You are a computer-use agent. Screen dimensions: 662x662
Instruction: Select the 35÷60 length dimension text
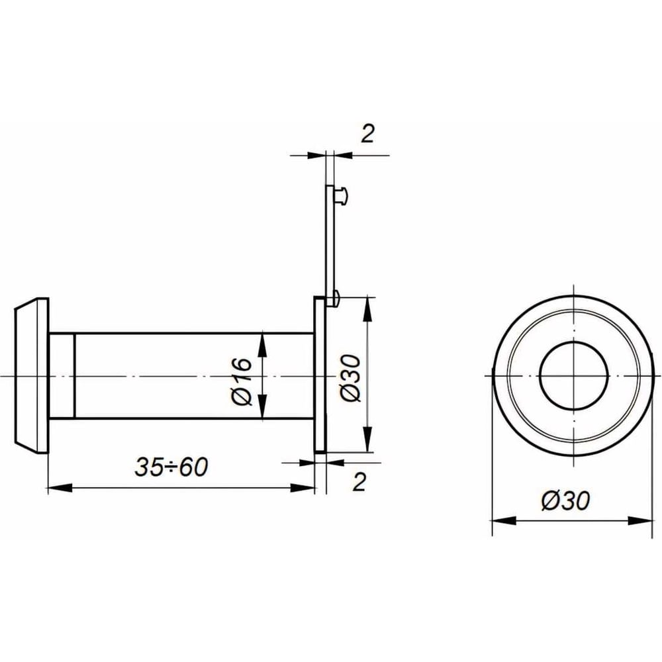(x=171, y=467)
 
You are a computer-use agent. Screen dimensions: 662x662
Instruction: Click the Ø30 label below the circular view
(x=566, y=500)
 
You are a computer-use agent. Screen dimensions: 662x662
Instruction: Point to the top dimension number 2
(x=367, y=134)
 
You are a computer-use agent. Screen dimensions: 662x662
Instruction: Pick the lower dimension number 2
(x=359, y=482)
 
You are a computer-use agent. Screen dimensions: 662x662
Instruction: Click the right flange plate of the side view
(x=319, y=375)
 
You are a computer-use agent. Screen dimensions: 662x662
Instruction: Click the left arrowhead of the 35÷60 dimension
(x=60, y=489)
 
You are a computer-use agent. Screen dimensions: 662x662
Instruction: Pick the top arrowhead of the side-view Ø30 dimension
(x=368, y=308)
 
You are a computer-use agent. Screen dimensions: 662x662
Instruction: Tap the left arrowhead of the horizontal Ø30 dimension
(x=504, y=520)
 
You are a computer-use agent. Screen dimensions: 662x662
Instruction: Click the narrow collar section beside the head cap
(x=62, y=376)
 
